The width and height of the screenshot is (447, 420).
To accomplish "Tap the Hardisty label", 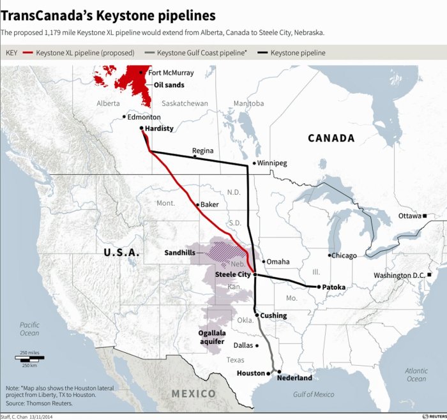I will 159,128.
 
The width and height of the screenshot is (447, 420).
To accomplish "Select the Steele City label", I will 232,274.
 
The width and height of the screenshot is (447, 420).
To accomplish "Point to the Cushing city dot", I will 257,315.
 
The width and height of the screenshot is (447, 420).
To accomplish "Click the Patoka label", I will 334,287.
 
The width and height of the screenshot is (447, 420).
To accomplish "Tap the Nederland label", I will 294,377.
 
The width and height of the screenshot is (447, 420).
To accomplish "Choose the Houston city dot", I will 268,373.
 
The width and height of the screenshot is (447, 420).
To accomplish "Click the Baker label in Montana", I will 209,204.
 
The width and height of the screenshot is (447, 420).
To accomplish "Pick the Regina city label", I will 202,151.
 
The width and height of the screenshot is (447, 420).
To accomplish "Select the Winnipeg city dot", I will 254,163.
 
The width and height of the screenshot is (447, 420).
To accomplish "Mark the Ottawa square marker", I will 424,216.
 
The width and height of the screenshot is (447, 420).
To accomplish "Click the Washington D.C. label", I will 400,275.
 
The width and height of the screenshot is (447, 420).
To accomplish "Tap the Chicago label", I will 344,255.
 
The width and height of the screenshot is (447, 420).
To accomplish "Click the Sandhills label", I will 179,253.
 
